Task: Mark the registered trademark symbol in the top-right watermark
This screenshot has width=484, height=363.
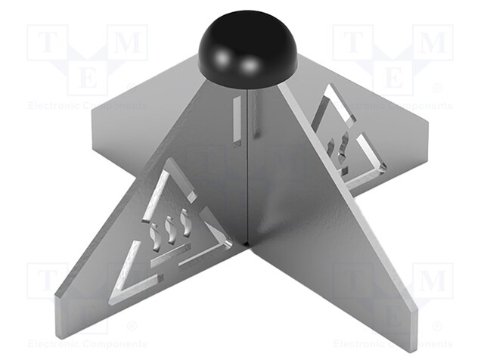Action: click(436, 88)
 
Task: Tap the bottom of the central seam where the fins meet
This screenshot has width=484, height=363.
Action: click(248, 243)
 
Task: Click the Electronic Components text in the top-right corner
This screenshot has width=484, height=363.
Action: click(392, 105)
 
